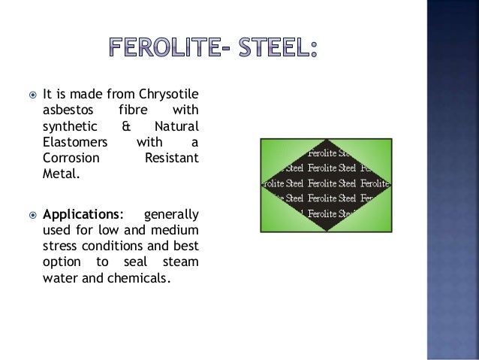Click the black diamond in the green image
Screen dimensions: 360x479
(x=326, y=185)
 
